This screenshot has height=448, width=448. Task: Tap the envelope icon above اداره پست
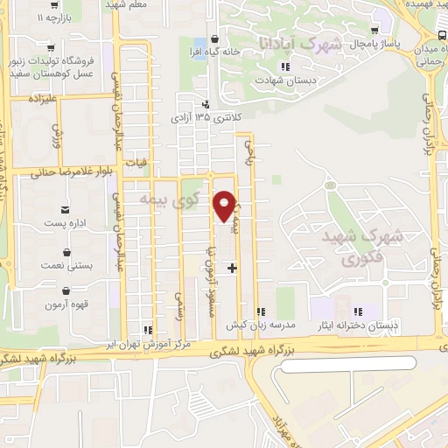(66, 209)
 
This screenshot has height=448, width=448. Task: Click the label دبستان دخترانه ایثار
(356, 325)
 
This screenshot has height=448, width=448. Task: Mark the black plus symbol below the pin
(232, 268)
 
